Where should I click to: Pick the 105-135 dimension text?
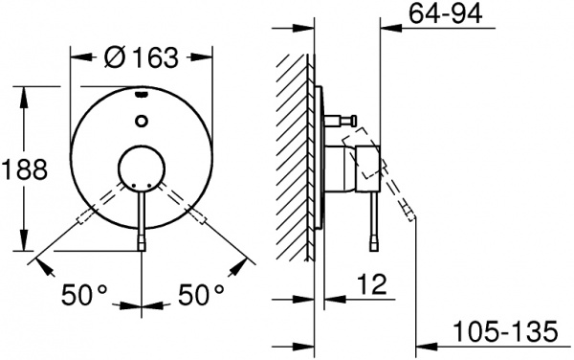[x=518, y=333]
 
